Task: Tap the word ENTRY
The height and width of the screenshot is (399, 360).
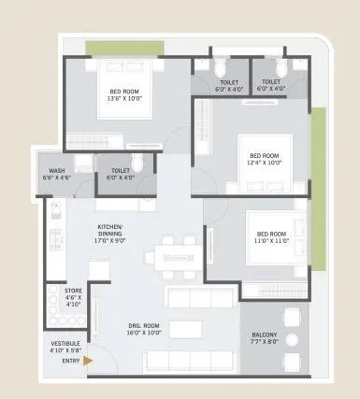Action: [68, 360]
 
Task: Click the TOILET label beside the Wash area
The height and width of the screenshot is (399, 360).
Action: [120, 170]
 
